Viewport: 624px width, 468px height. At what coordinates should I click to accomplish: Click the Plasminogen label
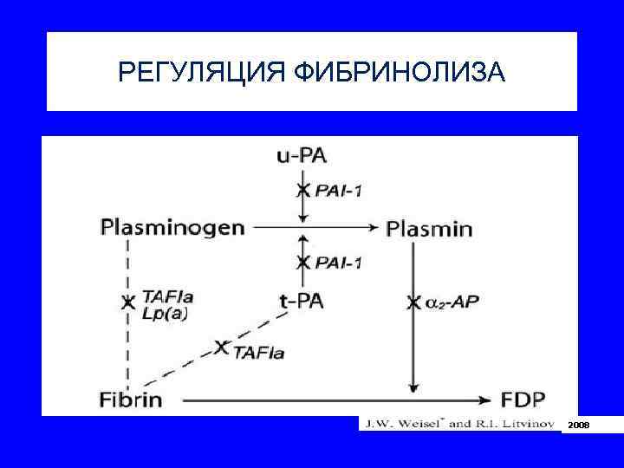pos(172,229)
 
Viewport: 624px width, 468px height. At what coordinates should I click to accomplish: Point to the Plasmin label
pos(429,230)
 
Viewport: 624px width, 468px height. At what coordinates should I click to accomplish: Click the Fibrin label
pos(131,400)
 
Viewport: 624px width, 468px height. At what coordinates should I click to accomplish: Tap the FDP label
pos(524,400)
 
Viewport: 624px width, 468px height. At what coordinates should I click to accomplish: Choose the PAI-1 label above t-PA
pos(339,262)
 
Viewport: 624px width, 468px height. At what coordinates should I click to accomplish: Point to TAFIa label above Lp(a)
pos(169,296)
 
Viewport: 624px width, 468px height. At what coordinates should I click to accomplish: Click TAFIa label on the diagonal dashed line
pos(259,353)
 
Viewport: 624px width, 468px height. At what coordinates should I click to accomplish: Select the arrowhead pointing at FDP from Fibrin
pos(485,400)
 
